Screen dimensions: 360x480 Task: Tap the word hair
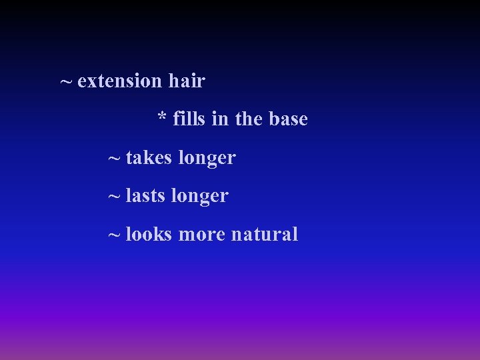pos(187,81)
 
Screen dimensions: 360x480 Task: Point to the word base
pos(288,119)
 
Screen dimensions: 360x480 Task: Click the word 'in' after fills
pos(219,119)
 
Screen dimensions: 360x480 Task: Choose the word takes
pos(147,158)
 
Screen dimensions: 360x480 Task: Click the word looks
pos(149,235)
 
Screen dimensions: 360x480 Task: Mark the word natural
pos(265,235)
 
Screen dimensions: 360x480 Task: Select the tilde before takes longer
pos(115,159)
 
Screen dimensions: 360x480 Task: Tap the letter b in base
pos(274,119)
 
